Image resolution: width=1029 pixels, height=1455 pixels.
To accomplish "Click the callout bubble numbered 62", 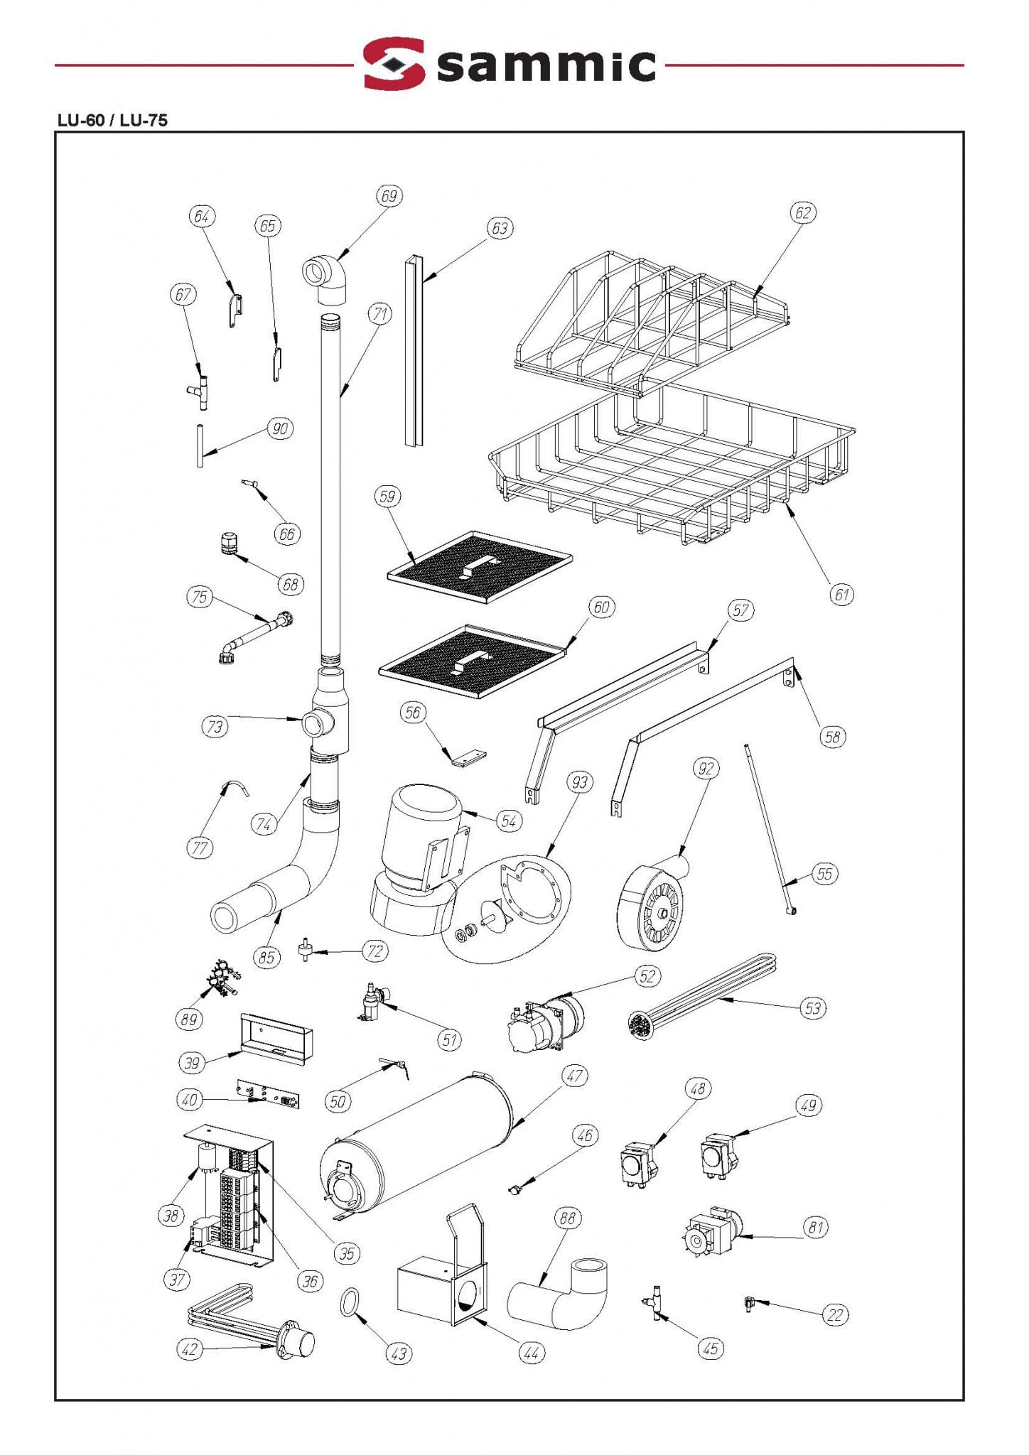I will [802, 212].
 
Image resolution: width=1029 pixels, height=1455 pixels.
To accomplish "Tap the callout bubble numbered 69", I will [389, 196].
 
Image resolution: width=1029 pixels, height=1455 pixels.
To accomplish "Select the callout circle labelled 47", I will [574, 1076].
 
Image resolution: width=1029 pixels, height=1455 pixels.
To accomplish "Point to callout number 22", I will [835, 1315].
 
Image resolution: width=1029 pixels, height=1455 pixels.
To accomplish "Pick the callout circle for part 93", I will [580, 782].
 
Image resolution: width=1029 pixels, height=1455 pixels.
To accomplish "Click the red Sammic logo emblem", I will [394, 64].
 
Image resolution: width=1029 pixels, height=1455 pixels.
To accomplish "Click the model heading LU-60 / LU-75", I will [112, 120].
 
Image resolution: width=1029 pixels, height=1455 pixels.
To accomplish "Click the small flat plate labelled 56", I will [467, 758].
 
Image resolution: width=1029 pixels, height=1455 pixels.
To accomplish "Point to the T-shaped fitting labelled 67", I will [200, 391].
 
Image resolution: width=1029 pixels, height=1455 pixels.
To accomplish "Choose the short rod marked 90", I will [200, 445].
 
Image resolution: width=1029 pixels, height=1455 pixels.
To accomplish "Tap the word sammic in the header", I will [546, 65].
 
